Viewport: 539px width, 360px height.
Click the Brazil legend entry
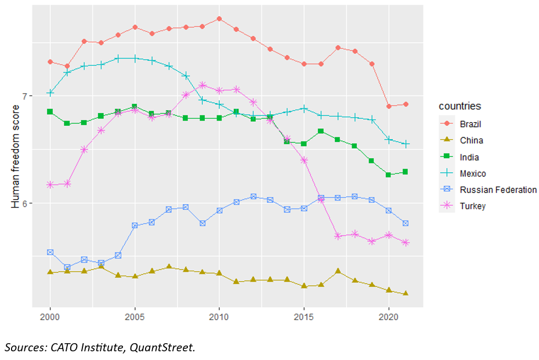[470, 124]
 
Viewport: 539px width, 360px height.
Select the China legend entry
[471, 140]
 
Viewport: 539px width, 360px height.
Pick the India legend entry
[469, 157]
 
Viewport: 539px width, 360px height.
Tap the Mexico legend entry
[472, 173]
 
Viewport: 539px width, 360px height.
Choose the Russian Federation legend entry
[498, 190]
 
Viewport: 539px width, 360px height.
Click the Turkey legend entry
[472, 206]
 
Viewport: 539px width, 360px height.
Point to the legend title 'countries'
[460, 106]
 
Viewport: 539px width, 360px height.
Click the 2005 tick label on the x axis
[135, 318]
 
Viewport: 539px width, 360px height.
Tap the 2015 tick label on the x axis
[303, 318]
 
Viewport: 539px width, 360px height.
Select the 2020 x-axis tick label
[388, 318]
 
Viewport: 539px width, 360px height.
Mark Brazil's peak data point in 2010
[219, 19]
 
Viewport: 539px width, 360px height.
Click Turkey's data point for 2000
[50, 184]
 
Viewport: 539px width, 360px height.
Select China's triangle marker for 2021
[406, 294]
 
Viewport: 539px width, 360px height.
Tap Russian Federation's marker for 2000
[50, 252]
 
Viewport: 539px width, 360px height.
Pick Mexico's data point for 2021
[406, 144]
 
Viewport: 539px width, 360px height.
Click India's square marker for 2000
[50, 111]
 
